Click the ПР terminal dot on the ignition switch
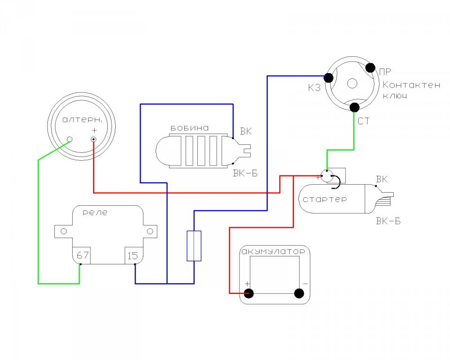(370, 68)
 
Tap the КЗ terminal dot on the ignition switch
(328, 77)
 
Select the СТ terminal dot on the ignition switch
(355, 107)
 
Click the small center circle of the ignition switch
(352, 83)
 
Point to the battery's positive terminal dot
(248, 293)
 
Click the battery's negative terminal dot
(299, 293)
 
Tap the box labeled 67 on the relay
(82, 255)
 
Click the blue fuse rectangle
(194, 246)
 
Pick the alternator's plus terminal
(94, 140)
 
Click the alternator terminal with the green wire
(69, 140)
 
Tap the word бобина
(190, 128)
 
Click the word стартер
(324, 199)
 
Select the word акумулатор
(273, 252)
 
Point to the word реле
(95, 213)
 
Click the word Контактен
(411, 85)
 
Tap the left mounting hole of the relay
(64, 231)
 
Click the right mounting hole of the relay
(150, 231)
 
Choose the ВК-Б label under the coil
(245, 173)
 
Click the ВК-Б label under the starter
(388, 221)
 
